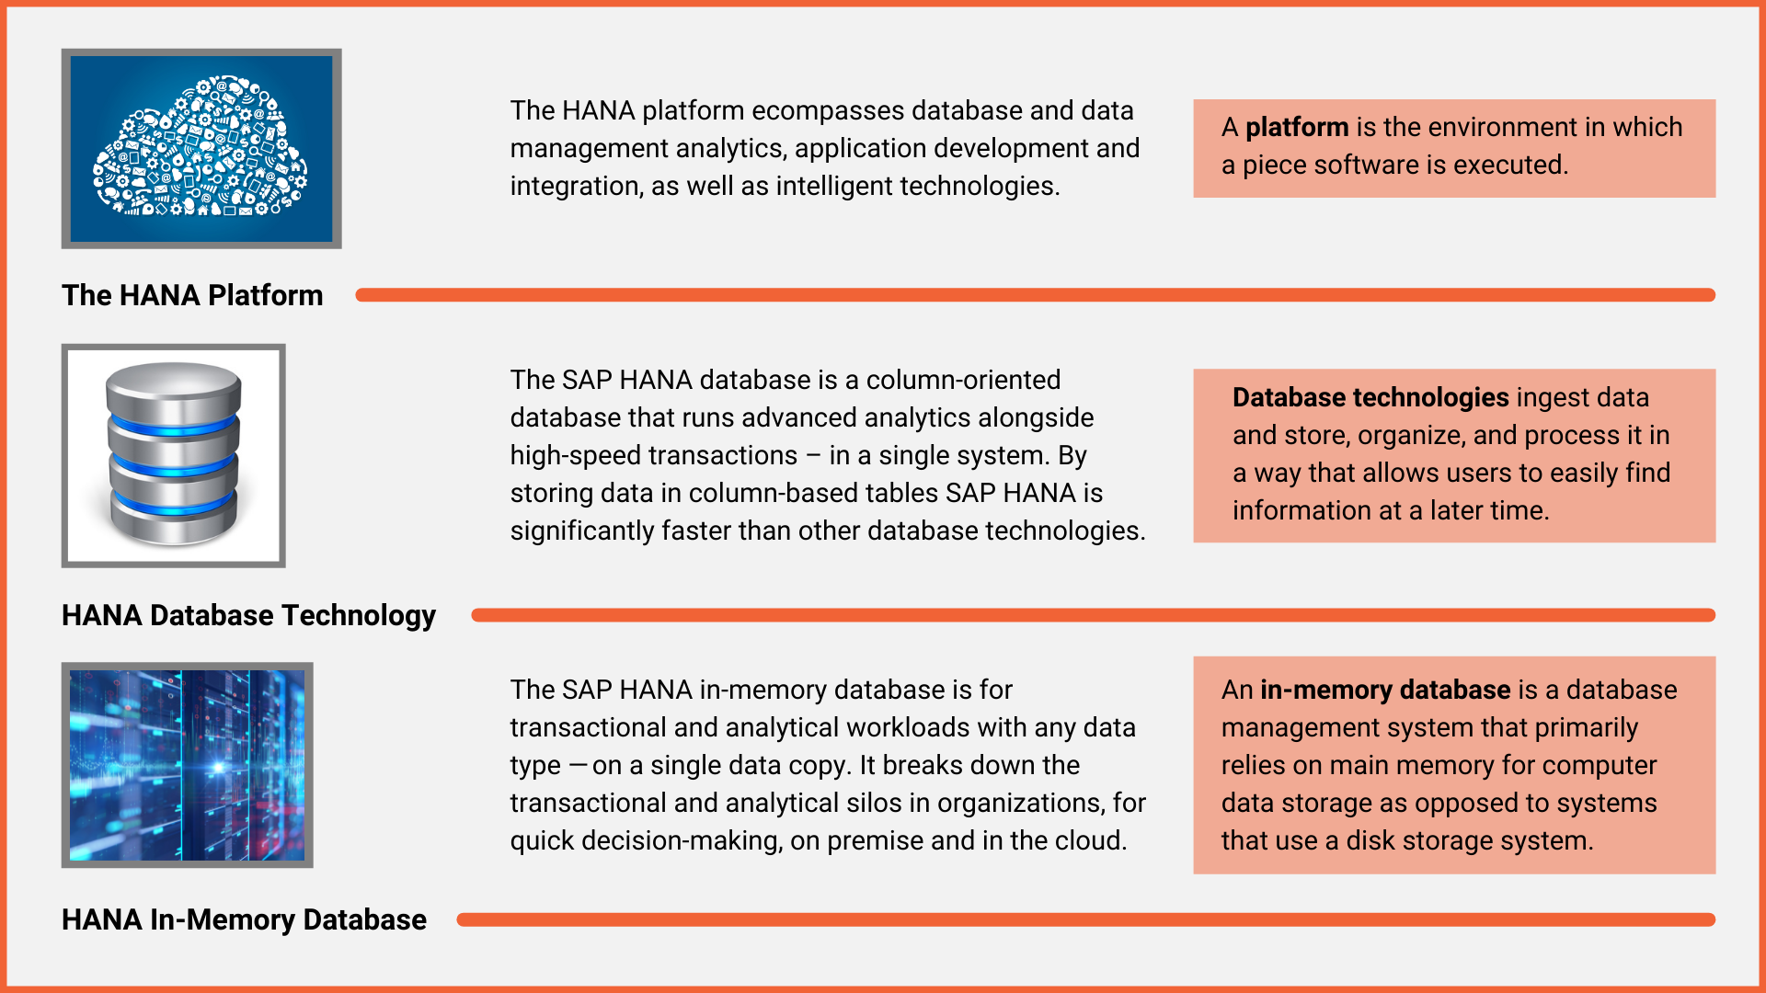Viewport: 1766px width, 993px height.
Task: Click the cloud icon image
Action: coord(201,149)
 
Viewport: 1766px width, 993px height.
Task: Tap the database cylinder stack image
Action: coord(174,455)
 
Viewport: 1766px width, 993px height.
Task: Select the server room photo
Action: coord(187,765)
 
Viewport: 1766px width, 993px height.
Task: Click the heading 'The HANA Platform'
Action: coord(192,295)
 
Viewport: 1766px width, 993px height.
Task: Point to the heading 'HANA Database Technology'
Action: coord(248,615)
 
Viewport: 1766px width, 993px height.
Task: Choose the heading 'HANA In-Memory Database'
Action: coord(244,919)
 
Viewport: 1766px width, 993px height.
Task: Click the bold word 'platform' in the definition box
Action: coord(1297,127)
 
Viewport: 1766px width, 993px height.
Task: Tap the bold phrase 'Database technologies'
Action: coord(1370,397)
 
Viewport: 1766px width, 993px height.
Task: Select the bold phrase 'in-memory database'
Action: coord(1385,690)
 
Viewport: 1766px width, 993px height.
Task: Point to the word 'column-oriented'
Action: coord(963,380)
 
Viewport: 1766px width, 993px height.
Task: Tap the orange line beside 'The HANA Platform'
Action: coord(1035,295)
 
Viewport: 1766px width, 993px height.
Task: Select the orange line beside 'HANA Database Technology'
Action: coord(1093,615)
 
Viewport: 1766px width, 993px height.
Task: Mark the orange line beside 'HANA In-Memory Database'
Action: coord(1085,919)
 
